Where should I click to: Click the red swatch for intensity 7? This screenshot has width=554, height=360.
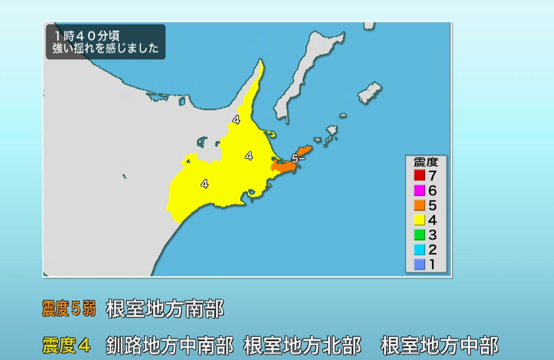(419, 175)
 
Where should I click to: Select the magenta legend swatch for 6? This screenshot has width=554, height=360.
(419, 190)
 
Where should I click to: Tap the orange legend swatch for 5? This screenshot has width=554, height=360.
(419, 205)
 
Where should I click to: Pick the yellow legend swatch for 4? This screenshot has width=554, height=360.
(419, 220)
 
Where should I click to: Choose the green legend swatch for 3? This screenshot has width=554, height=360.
(419, 235)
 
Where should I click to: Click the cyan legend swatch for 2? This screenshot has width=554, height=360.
(419, 250)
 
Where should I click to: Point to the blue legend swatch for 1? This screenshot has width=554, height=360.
(419, 264)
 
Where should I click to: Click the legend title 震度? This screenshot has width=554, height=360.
(426, 162)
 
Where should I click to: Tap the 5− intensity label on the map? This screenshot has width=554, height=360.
(298, 159)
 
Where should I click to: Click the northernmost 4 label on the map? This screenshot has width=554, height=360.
(236, 120)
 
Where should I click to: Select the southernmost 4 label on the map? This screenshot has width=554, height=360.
(204, 183)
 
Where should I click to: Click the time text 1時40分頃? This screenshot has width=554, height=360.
(87, 36)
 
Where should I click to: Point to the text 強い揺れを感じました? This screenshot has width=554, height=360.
(106, 48)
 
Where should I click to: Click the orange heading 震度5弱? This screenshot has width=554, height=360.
(69, 309)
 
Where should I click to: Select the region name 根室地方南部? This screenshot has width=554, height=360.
(165, 309)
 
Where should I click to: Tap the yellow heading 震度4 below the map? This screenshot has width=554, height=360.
(66, 345)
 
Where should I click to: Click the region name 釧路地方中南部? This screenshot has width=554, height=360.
(169, 345)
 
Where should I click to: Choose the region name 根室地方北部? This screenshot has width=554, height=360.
(302, 345)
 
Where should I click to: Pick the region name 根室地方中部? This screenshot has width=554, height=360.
(439, 345)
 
